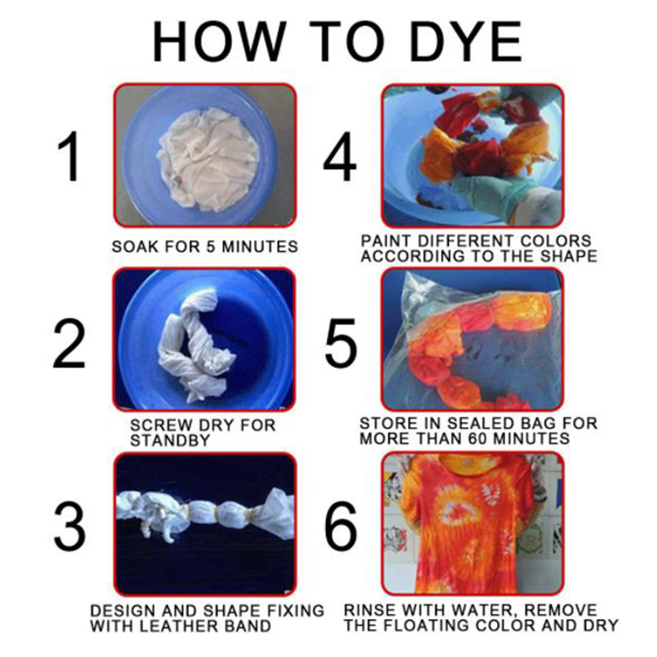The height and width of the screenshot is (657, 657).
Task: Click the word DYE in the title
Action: pyautogui.click(x=466, y=42)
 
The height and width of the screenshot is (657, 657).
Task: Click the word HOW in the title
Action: pyautogui.click(x=219, y=42)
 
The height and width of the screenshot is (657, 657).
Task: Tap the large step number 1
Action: pyautogui.click(x=70, y=156)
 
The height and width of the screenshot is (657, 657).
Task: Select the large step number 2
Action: pyautogui.click(x=69, y=344)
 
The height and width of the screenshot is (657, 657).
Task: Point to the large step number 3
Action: pyautogui.click(x=70, y=527)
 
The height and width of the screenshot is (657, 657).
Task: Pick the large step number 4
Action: pyautogui.click(x=340, y=156)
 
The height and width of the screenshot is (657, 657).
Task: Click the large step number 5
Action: pyautogui.click(x=341, y=344)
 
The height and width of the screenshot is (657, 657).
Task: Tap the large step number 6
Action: pyautogui.click(x=341, y=527)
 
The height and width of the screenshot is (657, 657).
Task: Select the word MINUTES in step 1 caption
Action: pyautogui.click(x=260, y=247)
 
